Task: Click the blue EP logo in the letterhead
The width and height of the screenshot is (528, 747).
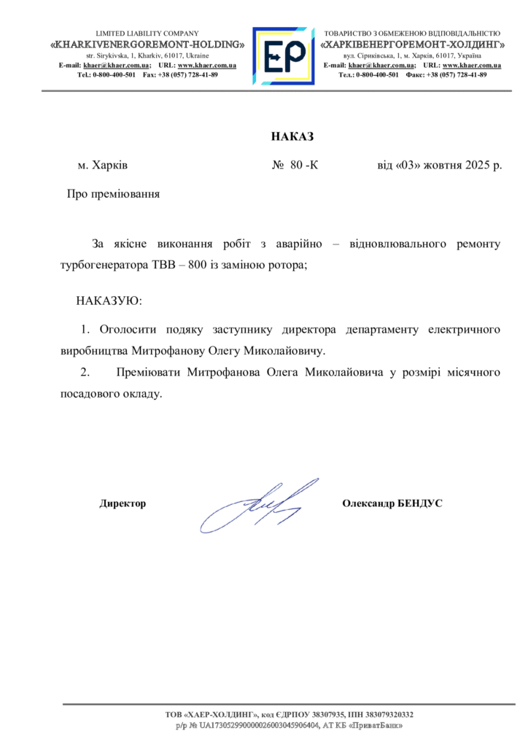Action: pos(283,56)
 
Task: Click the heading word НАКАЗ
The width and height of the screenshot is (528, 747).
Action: pos(292,136)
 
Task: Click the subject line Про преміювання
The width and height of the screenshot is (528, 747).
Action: pos(113,194)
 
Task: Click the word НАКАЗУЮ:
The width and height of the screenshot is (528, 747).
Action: pos(109,301)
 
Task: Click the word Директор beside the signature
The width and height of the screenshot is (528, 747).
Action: pos(123,503)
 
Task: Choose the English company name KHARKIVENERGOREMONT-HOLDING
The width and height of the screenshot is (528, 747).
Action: pos(147,44)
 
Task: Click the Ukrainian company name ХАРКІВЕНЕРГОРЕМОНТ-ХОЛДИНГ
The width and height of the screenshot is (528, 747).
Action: pos(413,44)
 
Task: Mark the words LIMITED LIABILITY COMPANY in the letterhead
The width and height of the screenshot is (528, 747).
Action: pos(147,34)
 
